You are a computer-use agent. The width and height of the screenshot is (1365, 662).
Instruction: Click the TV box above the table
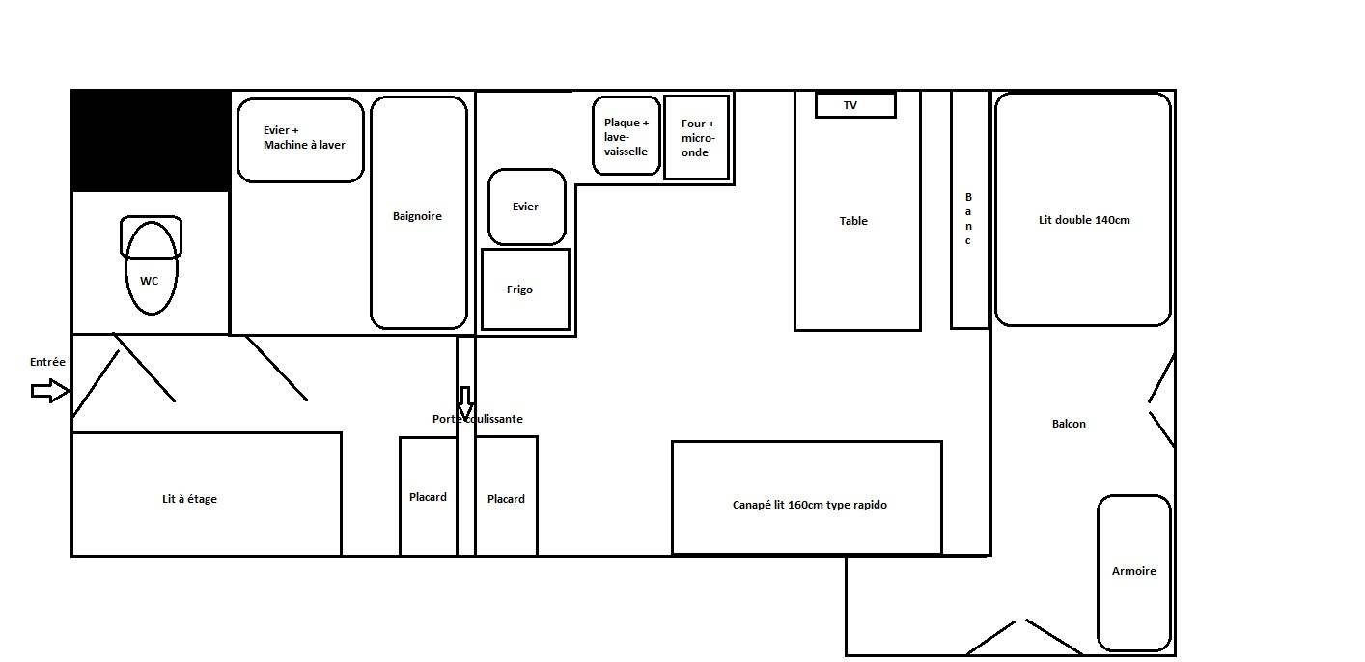coord(855,105)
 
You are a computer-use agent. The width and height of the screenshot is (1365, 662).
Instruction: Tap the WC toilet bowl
coord(152,268)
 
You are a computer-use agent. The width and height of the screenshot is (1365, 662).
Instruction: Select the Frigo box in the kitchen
coord(525,290)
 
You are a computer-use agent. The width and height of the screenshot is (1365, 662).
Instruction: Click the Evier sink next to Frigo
coord(527,207)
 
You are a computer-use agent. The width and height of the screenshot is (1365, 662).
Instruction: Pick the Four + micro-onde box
coord(697,138)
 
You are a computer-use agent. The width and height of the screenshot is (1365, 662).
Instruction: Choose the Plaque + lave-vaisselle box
coord(627,136)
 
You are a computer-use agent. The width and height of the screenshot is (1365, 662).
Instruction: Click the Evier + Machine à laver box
coord(300,141)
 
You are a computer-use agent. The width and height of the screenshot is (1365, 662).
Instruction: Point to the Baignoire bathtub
coord(419,212)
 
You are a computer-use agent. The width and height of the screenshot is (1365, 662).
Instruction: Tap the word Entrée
coord(47,362)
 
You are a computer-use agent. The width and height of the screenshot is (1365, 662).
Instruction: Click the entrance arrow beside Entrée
coord(50,391)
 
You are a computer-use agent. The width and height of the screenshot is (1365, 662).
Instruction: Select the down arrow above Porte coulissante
coord(465,403)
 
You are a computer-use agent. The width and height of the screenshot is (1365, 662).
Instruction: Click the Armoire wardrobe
coord(1134,572)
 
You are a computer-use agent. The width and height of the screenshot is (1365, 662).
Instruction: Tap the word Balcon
coord(1069,424)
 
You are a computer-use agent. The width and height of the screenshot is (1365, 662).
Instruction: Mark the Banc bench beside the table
coord(969,210)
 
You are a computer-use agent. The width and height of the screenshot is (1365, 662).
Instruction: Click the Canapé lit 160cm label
coord(809,505)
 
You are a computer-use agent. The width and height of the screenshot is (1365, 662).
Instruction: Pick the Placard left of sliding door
coord(429,496)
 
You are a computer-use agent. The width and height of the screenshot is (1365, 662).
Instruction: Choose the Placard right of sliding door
coord(507,496)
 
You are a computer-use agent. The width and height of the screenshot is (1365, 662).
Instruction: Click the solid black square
coord(152,141)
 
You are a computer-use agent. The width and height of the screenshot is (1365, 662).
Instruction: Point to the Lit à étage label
coord(189,499)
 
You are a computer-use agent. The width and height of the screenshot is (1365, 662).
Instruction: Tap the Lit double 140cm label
coord(1084,220)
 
